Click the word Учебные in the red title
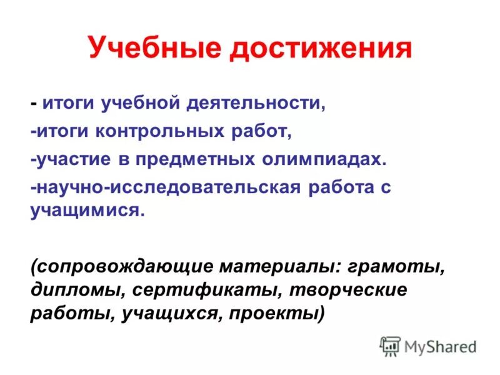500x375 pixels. coord(155,49)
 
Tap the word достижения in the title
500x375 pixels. coord(322,49)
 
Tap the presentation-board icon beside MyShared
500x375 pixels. coord(390,346)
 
